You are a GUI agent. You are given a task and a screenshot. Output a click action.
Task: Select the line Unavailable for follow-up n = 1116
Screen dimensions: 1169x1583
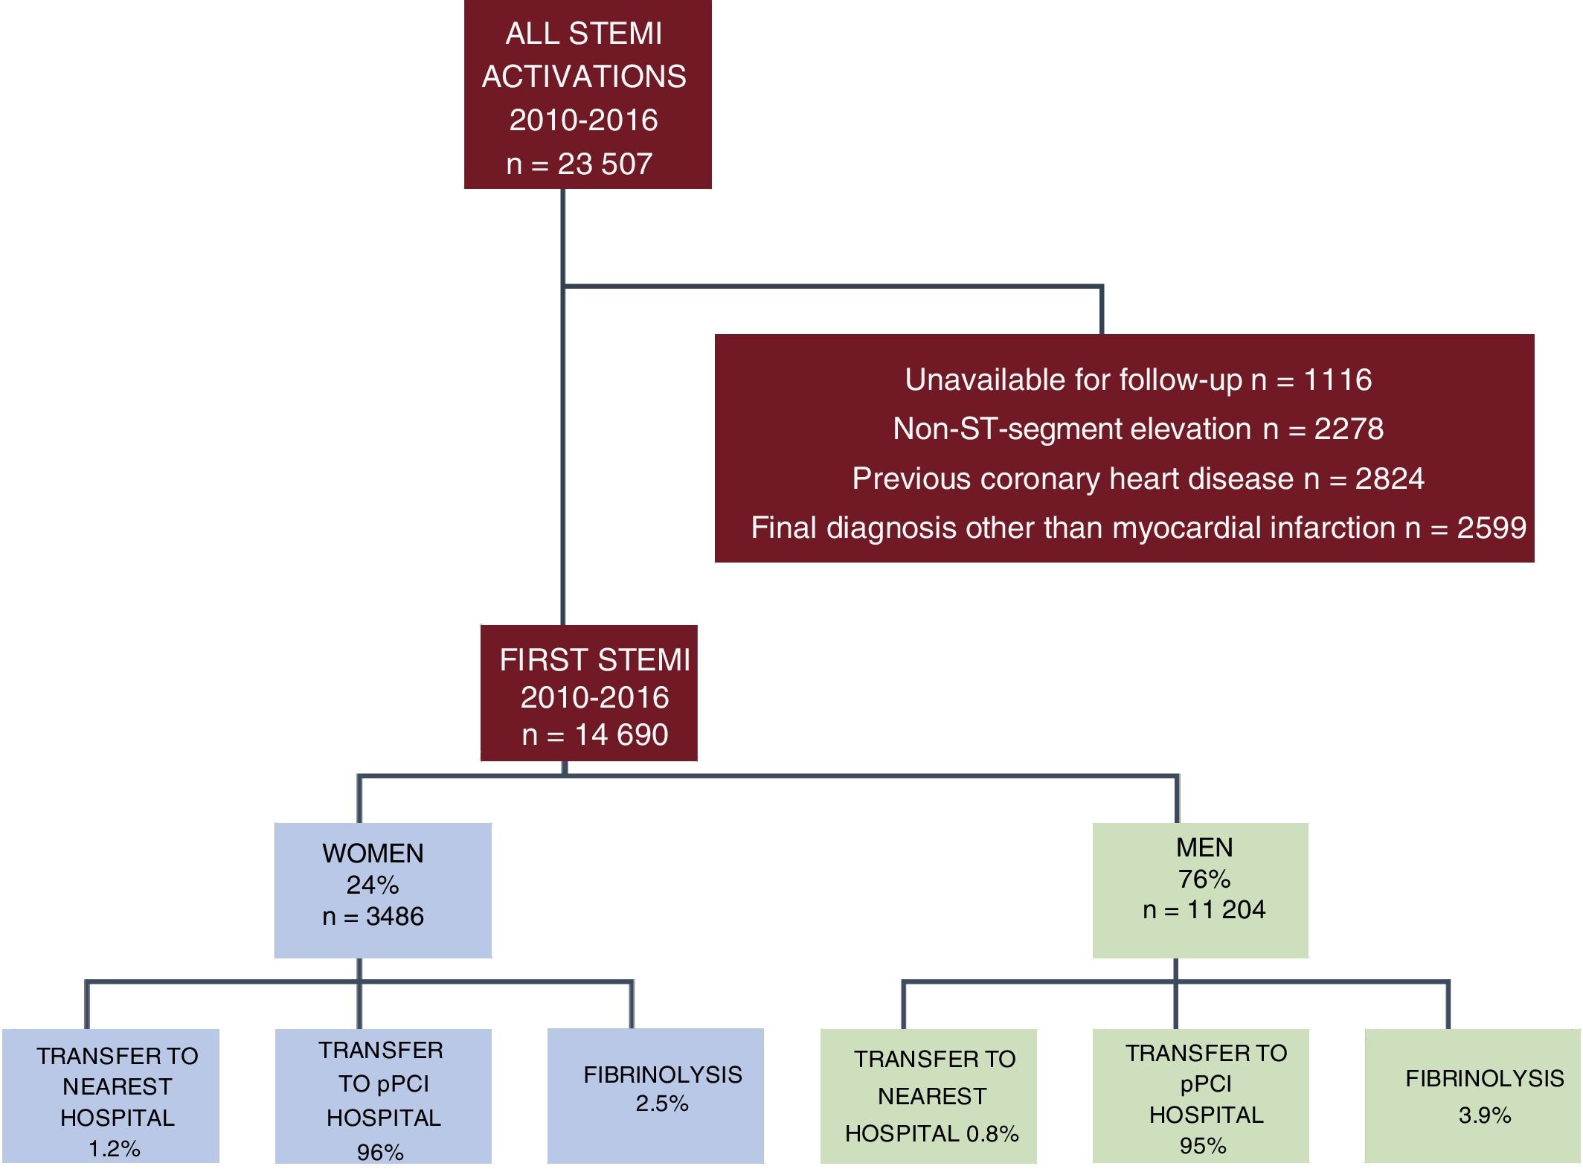click(x=1137, y=380)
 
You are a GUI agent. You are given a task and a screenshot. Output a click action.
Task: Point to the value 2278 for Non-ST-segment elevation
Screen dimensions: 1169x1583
click(x=1348, y=429)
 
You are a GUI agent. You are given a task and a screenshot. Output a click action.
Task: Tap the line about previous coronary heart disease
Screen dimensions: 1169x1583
click(x=1137, y=478)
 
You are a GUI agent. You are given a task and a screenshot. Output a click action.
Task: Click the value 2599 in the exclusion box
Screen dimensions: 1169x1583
click(x=1491, y=528)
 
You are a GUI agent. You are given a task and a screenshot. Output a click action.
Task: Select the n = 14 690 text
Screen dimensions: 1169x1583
click(x=594, y=734)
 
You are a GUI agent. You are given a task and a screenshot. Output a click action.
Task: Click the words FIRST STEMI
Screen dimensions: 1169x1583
click(x=594, y=660)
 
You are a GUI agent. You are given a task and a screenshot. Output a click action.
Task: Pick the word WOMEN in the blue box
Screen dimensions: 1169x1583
click(x=373, y=853)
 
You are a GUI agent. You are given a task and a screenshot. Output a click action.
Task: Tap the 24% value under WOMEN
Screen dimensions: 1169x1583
click(x=372, y=885)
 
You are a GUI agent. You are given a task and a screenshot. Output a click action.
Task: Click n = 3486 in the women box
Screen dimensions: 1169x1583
click(x=373, y=916)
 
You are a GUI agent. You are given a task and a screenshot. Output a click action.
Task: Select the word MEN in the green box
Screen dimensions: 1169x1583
click(x=1204, y=847)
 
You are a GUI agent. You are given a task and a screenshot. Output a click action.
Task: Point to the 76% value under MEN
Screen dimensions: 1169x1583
click(x=1204, y=879)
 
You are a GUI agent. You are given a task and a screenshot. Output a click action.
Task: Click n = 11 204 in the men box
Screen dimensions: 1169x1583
click(x=1204, y=909)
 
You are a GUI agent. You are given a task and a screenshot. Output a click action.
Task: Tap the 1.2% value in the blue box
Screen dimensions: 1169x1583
click(x=114, y=1148)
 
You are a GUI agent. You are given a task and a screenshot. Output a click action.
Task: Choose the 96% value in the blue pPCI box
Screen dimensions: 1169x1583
click(x=379, y=1152)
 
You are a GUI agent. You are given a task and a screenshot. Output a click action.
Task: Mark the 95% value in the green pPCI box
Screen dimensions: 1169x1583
click(x=1202, y=1145)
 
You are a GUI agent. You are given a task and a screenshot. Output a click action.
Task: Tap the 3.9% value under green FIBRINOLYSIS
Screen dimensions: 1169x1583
click(x=1484, y=1115)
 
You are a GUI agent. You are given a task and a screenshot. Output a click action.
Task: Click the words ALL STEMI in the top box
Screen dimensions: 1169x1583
click(x=583, y=34)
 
